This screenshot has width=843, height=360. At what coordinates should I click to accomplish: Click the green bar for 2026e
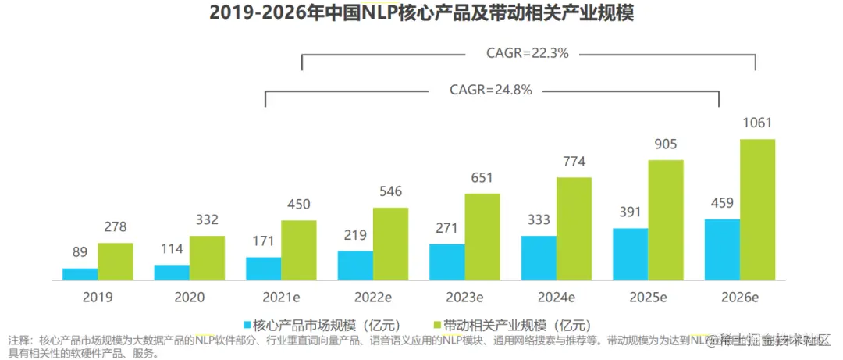[x=757, y=209]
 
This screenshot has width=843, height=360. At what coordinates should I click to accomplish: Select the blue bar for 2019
[x=80, y=274]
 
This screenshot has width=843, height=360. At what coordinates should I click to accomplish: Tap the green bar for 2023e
[x=482, y=237]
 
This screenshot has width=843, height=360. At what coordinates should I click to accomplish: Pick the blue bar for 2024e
[x=539, y=258]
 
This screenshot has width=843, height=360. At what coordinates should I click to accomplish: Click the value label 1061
[x=757, y=123]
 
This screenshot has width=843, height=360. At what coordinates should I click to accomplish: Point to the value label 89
[x=80, y=252]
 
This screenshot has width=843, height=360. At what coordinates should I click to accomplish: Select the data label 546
[x=390, y=191]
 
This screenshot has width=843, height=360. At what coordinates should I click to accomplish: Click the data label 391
[x=631, y=212]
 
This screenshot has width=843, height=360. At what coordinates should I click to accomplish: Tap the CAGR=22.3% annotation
[x=528, y=54]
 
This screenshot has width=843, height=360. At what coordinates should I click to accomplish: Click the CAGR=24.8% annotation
[x=491, y=90]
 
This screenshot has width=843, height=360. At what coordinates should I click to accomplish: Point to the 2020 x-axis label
[x=190, y=298]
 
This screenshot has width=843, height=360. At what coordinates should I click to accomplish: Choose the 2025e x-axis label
[x=648, y=298]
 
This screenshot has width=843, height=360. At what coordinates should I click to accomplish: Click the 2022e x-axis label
[x=372, y=298]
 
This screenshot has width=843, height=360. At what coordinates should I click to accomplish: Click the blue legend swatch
[x=247, y=324]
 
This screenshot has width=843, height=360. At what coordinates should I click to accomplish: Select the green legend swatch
[x=436, y=324]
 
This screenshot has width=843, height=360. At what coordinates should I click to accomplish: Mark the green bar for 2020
[x=207, y=258]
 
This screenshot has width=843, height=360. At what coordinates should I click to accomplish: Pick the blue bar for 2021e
[x=263, y=268]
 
